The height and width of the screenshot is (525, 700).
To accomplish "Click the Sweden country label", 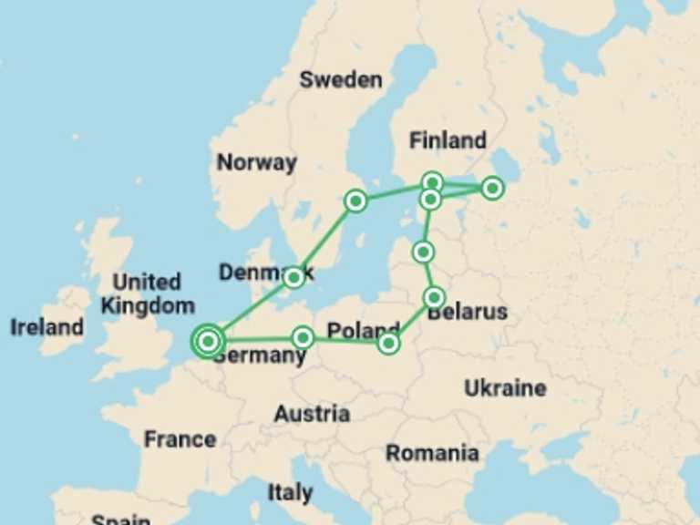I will tap(341, 80).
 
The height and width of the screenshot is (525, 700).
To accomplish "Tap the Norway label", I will tap(256, 163).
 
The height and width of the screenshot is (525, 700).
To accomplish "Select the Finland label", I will tap(448, 141).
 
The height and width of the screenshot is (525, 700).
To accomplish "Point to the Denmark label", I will tap(265, 273).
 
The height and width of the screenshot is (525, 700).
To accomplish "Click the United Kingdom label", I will tap(148, 293).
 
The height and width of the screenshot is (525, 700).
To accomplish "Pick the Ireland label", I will tap(46, 327).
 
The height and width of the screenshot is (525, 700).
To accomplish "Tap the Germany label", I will tap(260, 355).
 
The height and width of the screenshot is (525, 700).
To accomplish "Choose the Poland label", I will tap(363, 330).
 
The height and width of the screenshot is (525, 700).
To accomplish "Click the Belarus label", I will tap(468, 313).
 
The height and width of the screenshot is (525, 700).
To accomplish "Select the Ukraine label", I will tap(505, 388).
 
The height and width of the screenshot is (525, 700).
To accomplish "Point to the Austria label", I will tap(312, 414).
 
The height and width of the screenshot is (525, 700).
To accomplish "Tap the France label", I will tap(180, 439).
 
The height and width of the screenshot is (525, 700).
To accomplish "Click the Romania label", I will tap(432, 453).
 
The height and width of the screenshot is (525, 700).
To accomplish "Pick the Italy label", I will tap(290, 493).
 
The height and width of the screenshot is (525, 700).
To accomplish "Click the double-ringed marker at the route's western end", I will tap(208, 341).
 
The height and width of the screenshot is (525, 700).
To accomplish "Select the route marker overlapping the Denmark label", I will tap(293, 277).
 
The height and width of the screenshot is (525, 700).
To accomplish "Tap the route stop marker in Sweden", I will tap(355, 201).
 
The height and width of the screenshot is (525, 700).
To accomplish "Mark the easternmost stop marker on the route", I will tap(492, 188).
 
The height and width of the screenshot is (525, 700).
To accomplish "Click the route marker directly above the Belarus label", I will tap(434, 297).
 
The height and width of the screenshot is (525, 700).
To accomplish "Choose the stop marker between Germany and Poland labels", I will tap(304, 338).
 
